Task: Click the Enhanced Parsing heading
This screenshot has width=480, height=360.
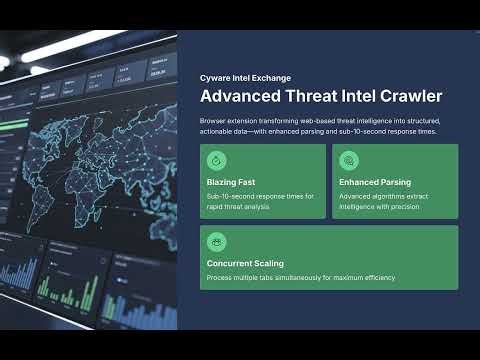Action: [x=374, y=183]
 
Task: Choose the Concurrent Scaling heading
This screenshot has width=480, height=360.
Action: [x=245, y=264]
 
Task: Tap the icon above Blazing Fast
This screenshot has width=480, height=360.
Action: [x=217, y=160]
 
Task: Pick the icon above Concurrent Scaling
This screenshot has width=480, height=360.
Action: [x=217, y=241]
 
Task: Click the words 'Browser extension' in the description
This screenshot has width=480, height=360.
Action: [x=229, y=120]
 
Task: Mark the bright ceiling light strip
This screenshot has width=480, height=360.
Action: [x=70, y=45]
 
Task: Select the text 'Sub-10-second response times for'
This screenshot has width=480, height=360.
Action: [x=260, y=196]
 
